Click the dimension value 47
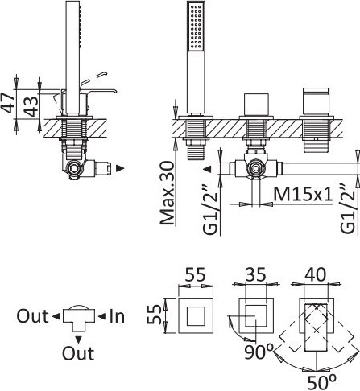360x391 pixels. point(7,104)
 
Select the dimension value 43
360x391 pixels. point(31,107)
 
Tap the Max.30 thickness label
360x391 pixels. point(168,192)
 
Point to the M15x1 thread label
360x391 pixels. point(304,194)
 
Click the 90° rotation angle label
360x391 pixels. point(259,352)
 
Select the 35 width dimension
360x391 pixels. point(256,274)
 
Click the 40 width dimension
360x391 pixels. point(316,274)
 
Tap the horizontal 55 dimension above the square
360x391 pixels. point(196,274)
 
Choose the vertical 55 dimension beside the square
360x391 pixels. point(155,315)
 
